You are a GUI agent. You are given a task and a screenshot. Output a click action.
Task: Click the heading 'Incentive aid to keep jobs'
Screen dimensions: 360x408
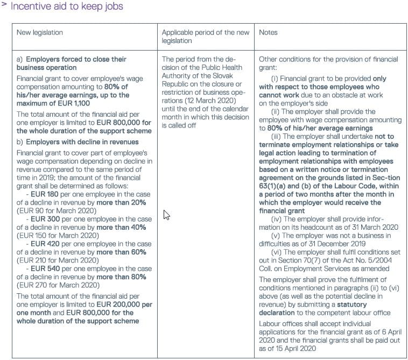pyautogui.click(x=67, y=7)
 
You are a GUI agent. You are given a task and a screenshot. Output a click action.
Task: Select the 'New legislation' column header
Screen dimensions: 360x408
pyautogui.click(x=40, y=33)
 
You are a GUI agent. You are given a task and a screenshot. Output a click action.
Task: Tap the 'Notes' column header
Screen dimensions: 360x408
pyautogui.click(x=268, y=33)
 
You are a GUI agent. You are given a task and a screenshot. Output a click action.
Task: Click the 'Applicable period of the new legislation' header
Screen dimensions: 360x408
pyautogui.click(x=206, y=37)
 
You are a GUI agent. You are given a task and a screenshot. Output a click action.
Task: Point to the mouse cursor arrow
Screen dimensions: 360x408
pyautogui.click(x=166, y=215)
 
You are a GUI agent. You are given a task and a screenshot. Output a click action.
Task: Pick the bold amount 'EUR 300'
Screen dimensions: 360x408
pyautogui.click(x=45, y=218)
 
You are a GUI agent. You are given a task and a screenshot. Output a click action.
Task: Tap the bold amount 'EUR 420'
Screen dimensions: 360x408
pyautogui.click(x=45, y=244)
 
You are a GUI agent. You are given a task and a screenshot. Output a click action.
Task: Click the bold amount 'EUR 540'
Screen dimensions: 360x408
pyautogui.click(x=45, y=269)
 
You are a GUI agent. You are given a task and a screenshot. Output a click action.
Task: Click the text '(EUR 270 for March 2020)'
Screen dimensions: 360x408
pyautogui.click(x=58, y=285)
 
